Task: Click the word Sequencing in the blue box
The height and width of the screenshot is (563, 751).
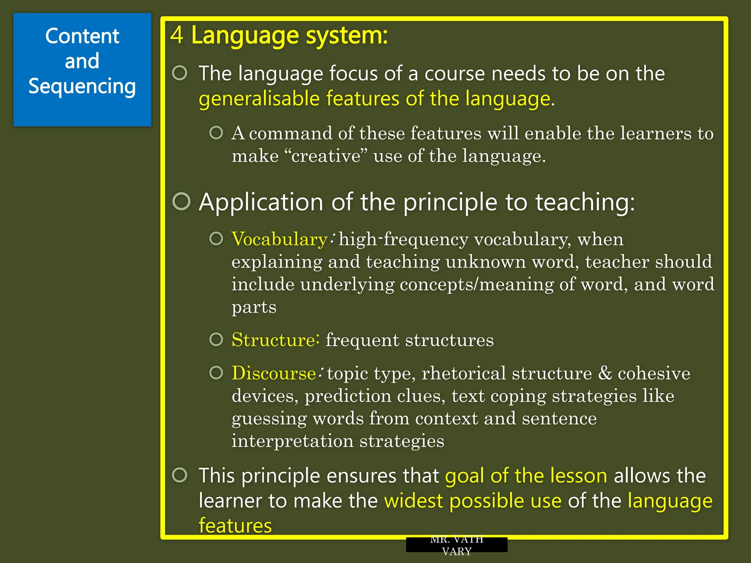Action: (82, 87)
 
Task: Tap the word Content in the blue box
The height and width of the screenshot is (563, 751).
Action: (82, 36)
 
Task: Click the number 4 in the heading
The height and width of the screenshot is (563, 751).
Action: (177, 35)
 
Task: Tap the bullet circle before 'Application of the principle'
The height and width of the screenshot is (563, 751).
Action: (182, 201)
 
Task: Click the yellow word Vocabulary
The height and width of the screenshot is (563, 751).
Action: (279, 239)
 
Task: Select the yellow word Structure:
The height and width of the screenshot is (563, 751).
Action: (275, 340)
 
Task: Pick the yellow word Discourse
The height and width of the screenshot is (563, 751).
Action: (274, 373)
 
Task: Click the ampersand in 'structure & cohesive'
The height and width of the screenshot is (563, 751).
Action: (605, 373)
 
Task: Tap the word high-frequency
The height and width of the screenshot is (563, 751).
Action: (403, 239)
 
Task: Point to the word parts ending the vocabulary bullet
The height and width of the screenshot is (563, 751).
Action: (254, 307)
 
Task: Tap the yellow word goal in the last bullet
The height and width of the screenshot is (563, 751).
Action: (464, 476)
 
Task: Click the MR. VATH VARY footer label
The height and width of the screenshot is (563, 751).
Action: (457, 545)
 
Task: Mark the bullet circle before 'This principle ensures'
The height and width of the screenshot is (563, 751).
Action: (180, 475)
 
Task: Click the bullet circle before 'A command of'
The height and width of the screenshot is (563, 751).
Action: (216, 133)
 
